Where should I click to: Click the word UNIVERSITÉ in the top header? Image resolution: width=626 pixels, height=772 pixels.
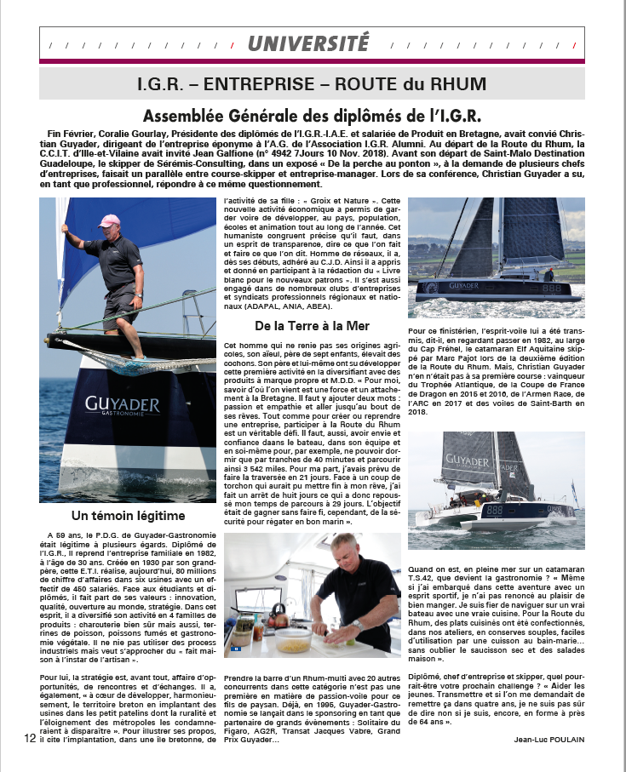pos(309,42)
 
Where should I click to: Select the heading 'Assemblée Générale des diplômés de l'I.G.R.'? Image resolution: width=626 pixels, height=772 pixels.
pos(313,116)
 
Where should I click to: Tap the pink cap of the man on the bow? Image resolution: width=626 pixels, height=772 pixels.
pos(110,221)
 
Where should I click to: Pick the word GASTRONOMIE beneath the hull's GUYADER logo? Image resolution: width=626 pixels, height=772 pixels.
pos(135,418)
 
